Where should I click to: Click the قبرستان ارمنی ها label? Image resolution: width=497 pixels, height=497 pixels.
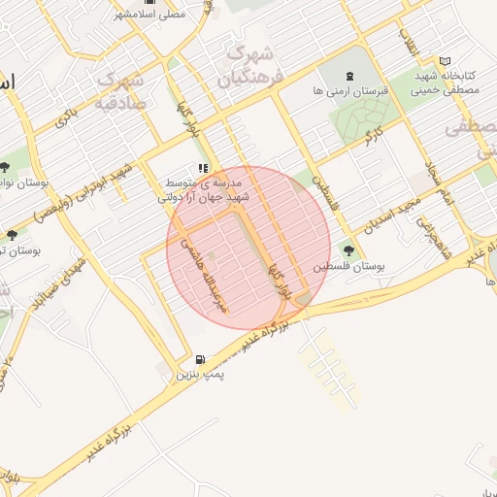(x=351, y=88)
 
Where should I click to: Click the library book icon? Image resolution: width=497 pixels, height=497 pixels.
(x=445, y=61)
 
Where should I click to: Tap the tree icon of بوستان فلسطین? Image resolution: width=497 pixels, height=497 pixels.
(x=348, y=250)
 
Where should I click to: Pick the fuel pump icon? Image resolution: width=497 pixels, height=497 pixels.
(x=200, y=360)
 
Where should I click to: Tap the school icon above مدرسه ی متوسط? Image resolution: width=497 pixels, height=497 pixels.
(x=203, y=168)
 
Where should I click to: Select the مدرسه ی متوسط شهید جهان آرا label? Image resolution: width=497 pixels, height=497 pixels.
(x=205, y=188)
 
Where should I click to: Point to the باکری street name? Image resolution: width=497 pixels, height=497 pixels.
(x=65, y=118)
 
